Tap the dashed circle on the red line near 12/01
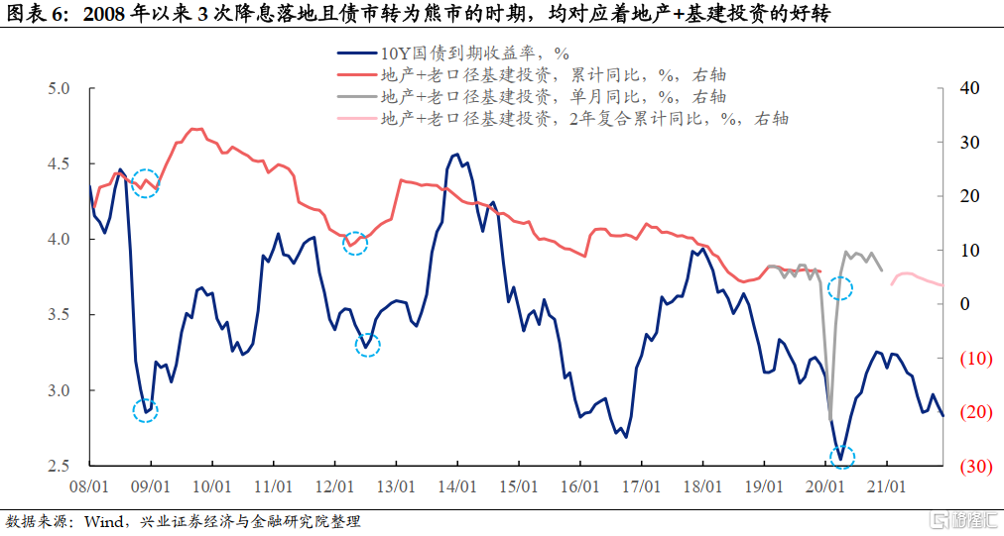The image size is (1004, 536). pyautogui.click(x=355, y=243)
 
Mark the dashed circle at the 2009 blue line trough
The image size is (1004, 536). pyautogui.click(x=145, y=410)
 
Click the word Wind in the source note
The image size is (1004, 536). pyautogui.click(x=102, y=521)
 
